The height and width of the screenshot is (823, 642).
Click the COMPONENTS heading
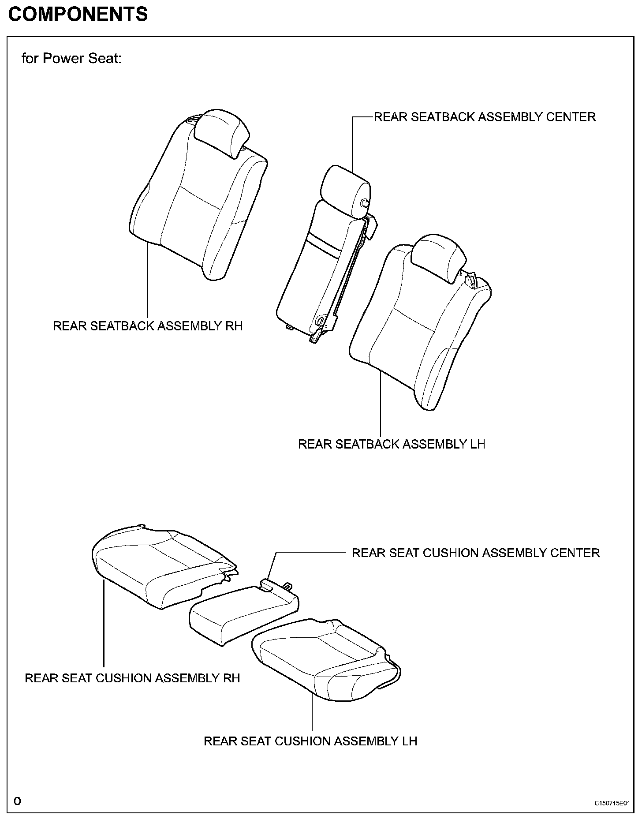pyautogui.click(x=78, y=15)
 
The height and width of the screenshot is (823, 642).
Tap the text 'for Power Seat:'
pyautogui.click(x=71, y=58)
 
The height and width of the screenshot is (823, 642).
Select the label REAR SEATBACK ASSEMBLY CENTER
pyautogui.click(x=485, y=117)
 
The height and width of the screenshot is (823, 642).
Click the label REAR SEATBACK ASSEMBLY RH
pyautogui.click(x=148, y=326)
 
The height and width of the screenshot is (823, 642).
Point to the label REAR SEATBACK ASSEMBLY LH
pyautogui.click(x=392, y=444)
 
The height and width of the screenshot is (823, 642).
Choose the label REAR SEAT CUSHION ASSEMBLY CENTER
pyautogui.click(x=475, y=553)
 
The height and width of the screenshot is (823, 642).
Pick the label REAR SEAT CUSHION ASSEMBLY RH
pyautogui.click(x=132, y=678)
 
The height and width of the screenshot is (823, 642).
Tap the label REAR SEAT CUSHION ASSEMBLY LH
pyautogui.click(x=310, y=741)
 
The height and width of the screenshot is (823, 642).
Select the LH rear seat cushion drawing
pyautogui.click(x=326, y=662)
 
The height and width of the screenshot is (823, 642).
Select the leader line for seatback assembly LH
pyautogui.click(x=381, y=401)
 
